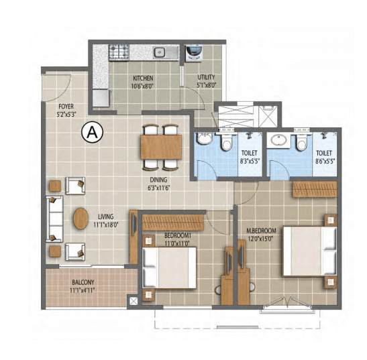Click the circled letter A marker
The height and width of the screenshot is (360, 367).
pyautogui.click(x=92, y=132)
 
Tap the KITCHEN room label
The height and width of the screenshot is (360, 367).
pyautogui.click(x=143, y=78)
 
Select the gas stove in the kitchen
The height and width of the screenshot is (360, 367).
pyautogui.click(x=119, y=52)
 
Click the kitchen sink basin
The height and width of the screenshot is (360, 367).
pyautogui.click(x=160, y=52)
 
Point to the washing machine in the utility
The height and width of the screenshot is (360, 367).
pyautogui.click(x=194, y=54)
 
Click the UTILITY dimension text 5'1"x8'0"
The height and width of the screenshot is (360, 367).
pyautogui.click(x=206, y=85)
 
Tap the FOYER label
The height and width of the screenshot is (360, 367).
pyautogui.click(x=66, y=107)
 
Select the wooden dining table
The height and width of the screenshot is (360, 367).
pyautogui.click(x=161, y=147)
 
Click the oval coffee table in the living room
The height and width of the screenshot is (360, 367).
pyautogui.click(x=81, y=219)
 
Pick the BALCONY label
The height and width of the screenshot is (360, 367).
pyautogui.click(x=83, y=282)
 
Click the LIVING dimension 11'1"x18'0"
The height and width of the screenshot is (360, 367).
pyautogui.click(x=106, y=225)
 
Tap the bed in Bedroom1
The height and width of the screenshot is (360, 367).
pyautogui.click(x=169, y=268)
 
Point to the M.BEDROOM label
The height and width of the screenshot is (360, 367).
pyautogui.click(x=261, y=231)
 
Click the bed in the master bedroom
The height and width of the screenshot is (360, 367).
pyautogui.click(x=310, y=251)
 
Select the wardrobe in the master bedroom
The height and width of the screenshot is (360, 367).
pyautogui.click(x=315, y=189)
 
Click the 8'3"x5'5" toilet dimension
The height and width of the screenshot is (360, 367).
pyautogui.click(x=250, y=161)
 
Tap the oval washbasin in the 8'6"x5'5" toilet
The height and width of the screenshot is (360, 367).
pyautogui.click(x=278, y=140)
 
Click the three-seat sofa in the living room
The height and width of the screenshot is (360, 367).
pyautogui.click(x=55, y=219)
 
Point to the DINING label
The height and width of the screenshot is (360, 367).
pyautogui.click(x=158, y=180)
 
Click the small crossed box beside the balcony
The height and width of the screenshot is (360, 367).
pyautogui.click(x=134, y=301)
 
